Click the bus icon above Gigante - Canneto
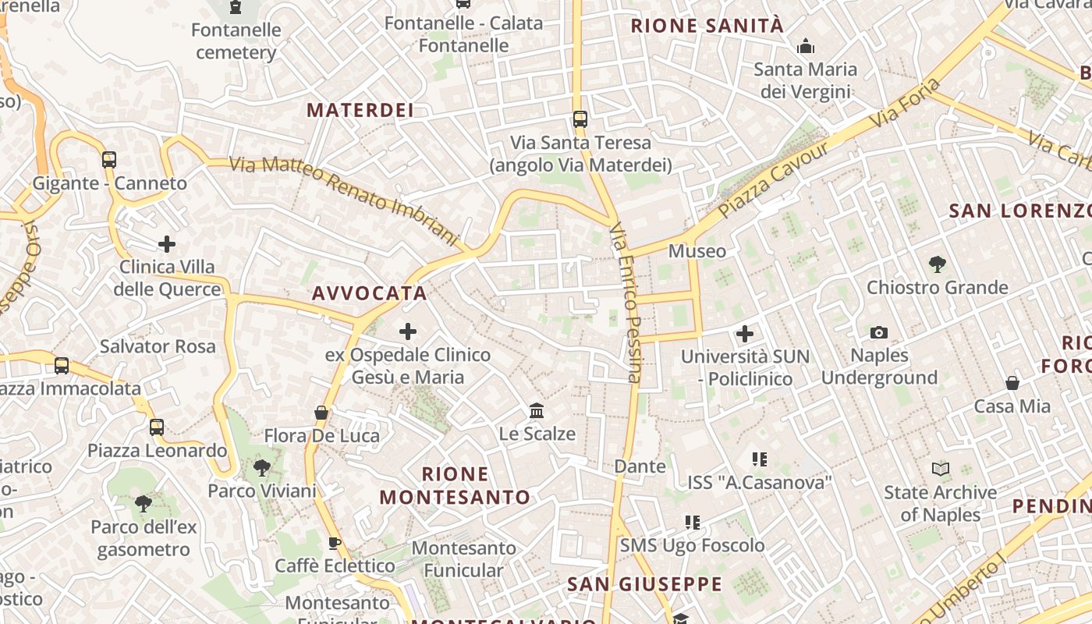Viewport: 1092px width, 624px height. point(109,160)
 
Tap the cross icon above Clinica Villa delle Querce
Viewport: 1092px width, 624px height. point(166,244)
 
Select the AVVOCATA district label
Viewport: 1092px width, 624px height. point(369,293)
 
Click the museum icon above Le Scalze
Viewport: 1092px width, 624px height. point(537,410)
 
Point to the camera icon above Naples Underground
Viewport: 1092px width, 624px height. point(879,333)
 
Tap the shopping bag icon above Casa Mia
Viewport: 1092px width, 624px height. point(1012,383)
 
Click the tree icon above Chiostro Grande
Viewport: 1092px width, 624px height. point(938,264)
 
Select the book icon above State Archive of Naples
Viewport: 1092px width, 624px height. point(941,469)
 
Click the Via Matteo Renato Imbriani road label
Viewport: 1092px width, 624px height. point(342,198)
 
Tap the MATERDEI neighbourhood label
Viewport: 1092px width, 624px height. point(360,110)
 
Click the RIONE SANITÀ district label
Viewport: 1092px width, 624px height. point(707,26)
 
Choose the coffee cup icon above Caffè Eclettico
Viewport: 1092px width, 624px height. point(335,543)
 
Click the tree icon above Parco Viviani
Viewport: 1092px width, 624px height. point(261,468)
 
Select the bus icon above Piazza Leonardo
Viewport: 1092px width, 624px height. point(157,427)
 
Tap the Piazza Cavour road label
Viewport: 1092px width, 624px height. point(773,180)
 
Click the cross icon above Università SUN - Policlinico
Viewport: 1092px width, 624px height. point(745,334)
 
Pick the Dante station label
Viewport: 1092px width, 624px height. point(640,466)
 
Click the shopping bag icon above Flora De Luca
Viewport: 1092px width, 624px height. point(321,412)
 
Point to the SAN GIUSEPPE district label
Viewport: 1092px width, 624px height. point(644,583)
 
